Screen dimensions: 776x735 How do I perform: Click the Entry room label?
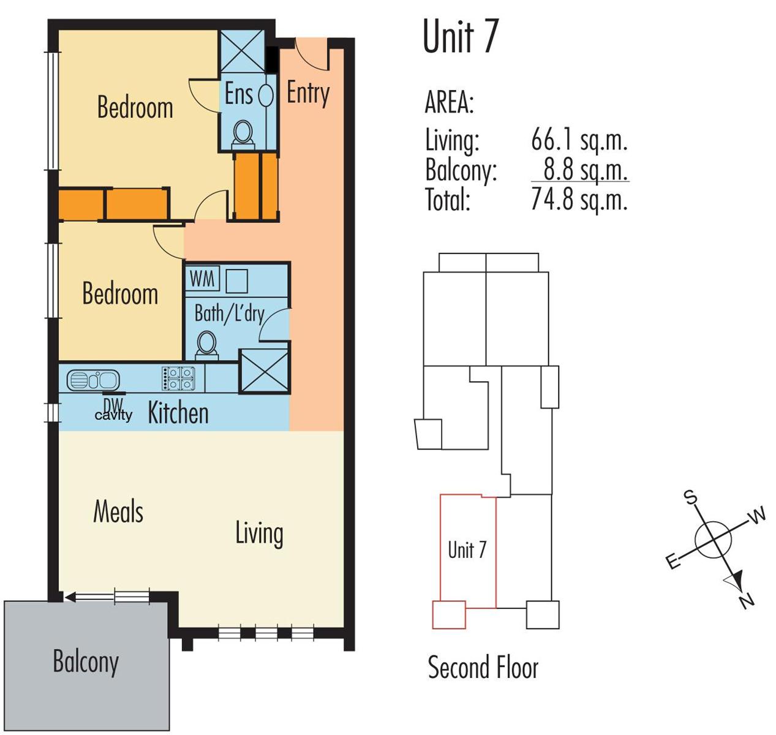pos(308,94)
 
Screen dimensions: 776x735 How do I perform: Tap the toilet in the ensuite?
pos(243,135)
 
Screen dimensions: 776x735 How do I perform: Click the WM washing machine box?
pos(202,279)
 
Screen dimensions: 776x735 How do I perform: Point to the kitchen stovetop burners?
pos(179,378)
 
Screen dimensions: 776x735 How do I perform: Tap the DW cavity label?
pos(113,410)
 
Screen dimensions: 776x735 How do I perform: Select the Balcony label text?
pos(86,662)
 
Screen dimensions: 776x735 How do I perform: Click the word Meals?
pos(118,511)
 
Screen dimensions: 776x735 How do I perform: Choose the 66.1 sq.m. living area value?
pos(579,140)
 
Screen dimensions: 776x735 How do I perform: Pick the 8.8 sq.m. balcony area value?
pos(586,170)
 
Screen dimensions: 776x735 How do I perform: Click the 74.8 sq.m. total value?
pos(579,199)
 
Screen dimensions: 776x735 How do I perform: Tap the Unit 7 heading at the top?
pos(461,36)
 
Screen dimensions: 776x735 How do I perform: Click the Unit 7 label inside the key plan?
pos(467,549)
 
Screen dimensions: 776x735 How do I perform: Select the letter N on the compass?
pos(747,601)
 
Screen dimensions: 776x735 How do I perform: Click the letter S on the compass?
pos(691,497)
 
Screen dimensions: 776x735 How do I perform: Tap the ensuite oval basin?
pos(266,94)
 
